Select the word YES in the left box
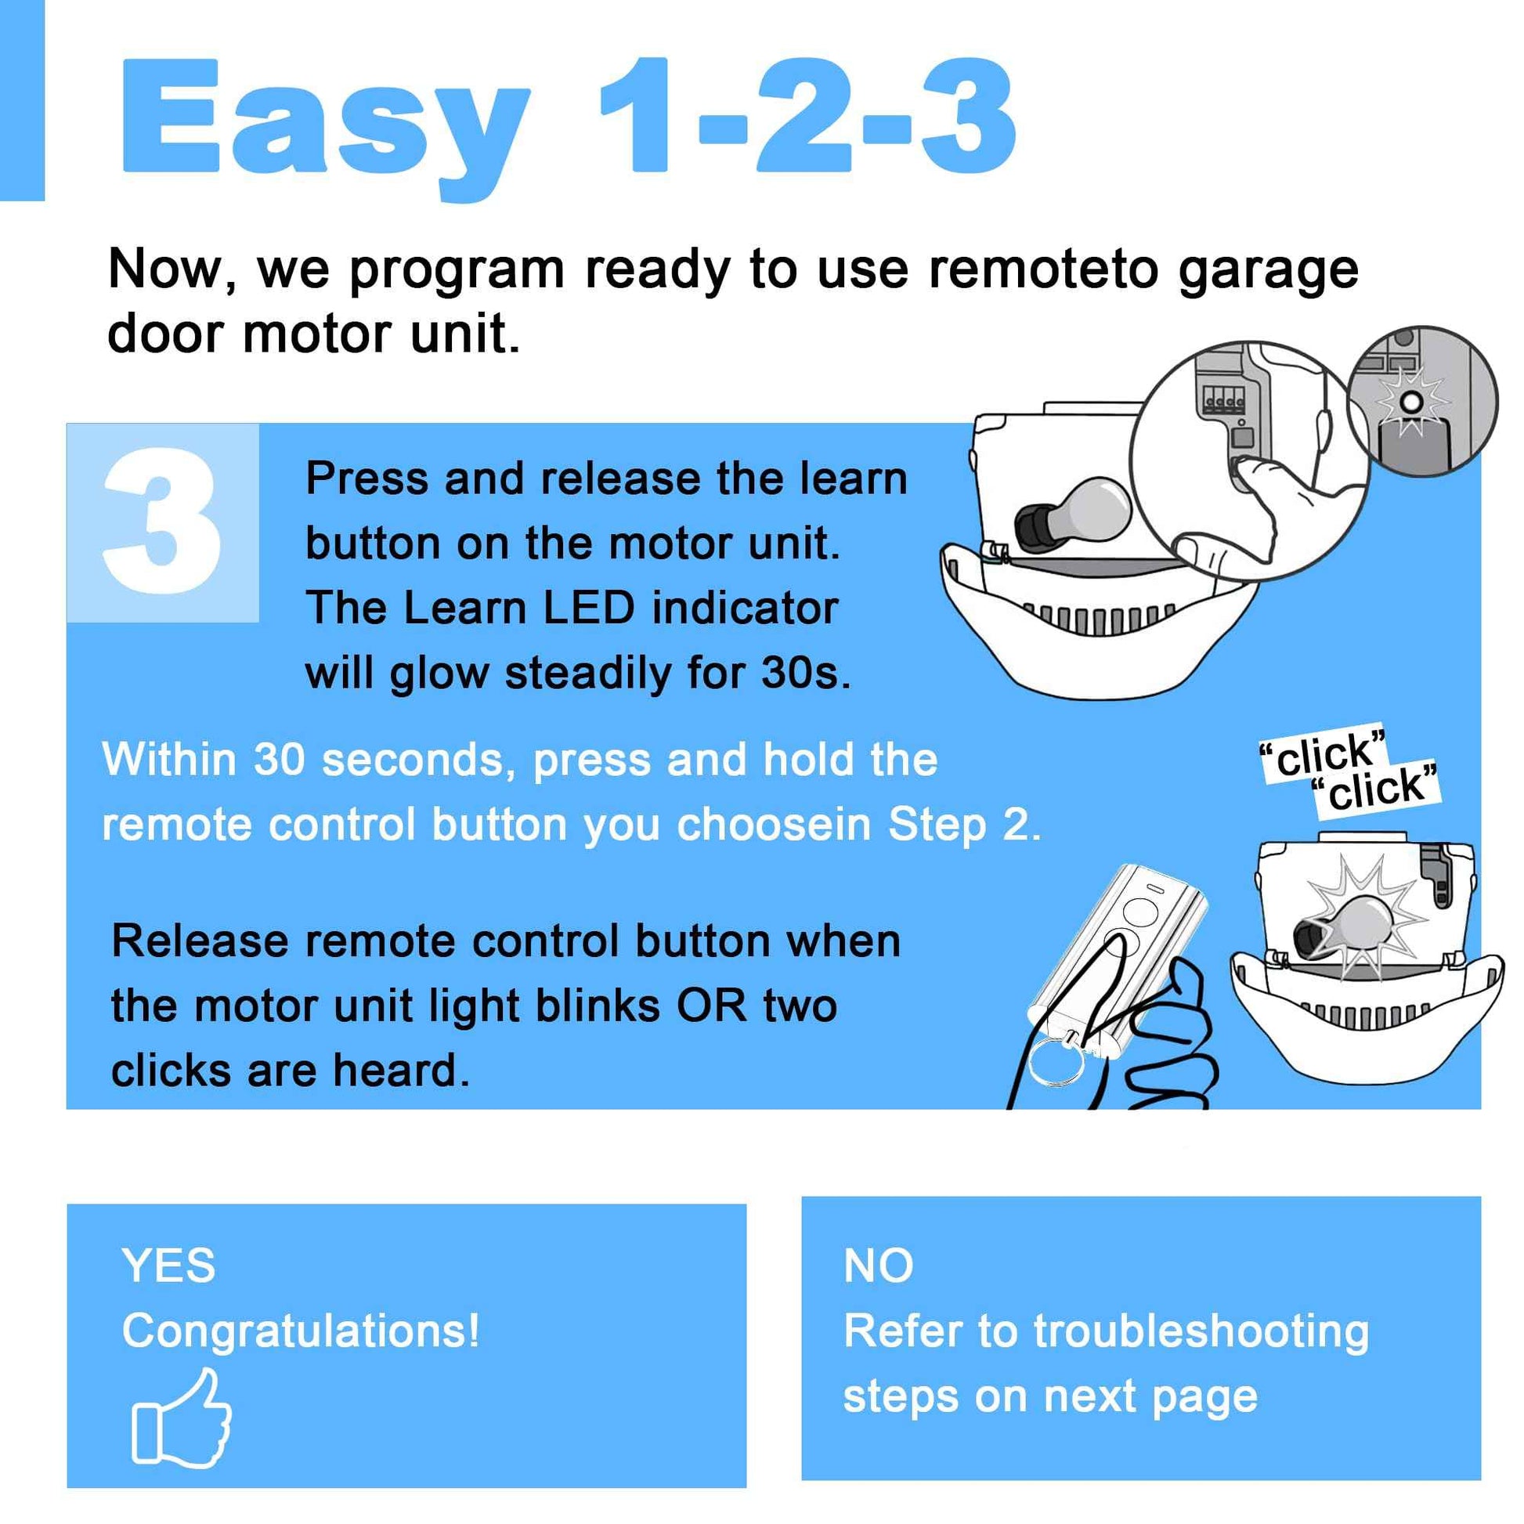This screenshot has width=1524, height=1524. tap(168, 1266)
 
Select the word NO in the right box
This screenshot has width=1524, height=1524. tap(878, 1266)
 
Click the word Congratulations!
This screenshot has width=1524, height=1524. tap(301, 1331)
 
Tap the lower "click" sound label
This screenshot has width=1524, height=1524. tap(1376, 787)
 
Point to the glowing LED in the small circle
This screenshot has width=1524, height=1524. tap(1412, 404)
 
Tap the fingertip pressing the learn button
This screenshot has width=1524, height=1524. tap(1244, 471)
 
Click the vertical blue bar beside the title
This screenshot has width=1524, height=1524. tap(22, 100)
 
